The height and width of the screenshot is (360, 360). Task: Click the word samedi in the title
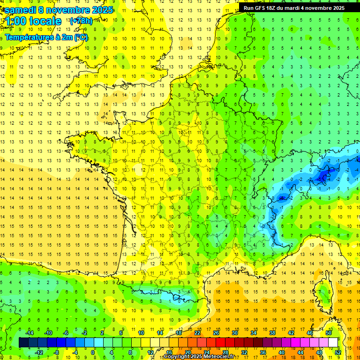[21, 9]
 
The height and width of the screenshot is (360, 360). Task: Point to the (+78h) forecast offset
[81, 21]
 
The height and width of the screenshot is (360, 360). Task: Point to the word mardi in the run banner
[299, 8]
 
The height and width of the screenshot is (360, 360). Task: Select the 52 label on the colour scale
[337, 352]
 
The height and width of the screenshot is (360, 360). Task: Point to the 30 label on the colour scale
[234, 332]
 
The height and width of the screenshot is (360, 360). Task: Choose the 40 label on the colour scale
[281, 352]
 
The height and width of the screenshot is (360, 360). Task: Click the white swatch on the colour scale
[333, 343]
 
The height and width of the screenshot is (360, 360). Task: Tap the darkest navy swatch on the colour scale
[23, 343]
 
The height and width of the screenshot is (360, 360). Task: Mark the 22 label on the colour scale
[197, 332]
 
